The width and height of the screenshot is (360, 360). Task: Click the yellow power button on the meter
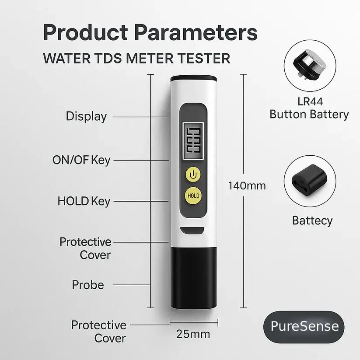click(193, 175)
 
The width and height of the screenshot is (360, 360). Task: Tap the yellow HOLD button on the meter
click(193, 196)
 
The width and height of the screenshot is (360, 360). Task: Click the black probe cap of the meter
click(193, 276)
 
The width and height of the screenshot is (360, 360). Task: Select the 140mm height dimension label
click(247, 185)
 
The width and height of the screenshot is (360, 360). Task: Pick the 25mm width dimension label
click(193, 334)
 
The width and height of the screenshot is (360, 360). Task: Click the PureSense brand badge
click(304, 326)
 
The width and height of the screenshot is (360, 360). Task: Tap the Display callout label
click(86, 116)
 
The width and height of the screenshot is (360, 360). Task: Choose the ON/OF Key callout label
click(81, 160)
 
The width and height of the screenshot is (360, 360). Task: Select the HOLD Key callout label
click(84, 201)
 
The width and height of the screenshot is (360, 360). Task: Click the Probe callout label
click(88, 285)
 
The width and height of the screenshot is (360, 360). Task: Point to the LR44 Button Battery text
click(309, 108)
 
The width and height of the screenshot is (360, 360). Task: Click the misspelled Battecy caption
click(312, 220)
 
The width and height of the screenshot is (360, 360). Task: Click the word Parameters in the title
click(196, 33)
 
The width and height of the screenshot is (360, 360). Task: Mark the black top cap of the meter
click(193, 79)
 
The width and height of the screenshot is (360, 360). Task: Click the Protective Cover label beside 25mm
click(98, 331)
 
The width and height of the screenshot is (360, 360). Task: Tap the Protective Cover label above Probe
click(85, 248)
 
